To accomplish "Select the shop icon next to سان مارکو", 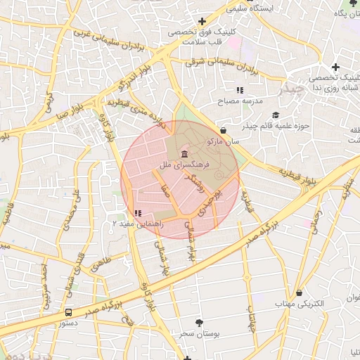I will (224, 130).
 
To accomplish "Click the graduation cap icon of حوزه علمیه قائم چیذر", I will (275, 115).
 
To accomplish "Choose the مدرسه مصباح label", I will (240, 101).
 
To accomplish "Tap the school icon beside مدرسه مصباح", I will (240, 90).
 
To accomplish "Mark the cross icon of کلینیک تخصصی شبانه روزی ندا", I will (336, 67).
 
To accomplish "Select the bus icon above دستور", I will (69, 312).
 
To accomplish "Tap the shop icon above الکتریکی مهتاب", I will (300, 292).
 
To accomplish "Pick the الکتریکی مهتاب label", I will (300, 304).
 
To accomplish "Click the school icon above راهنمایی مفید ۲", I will (138, 212).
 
